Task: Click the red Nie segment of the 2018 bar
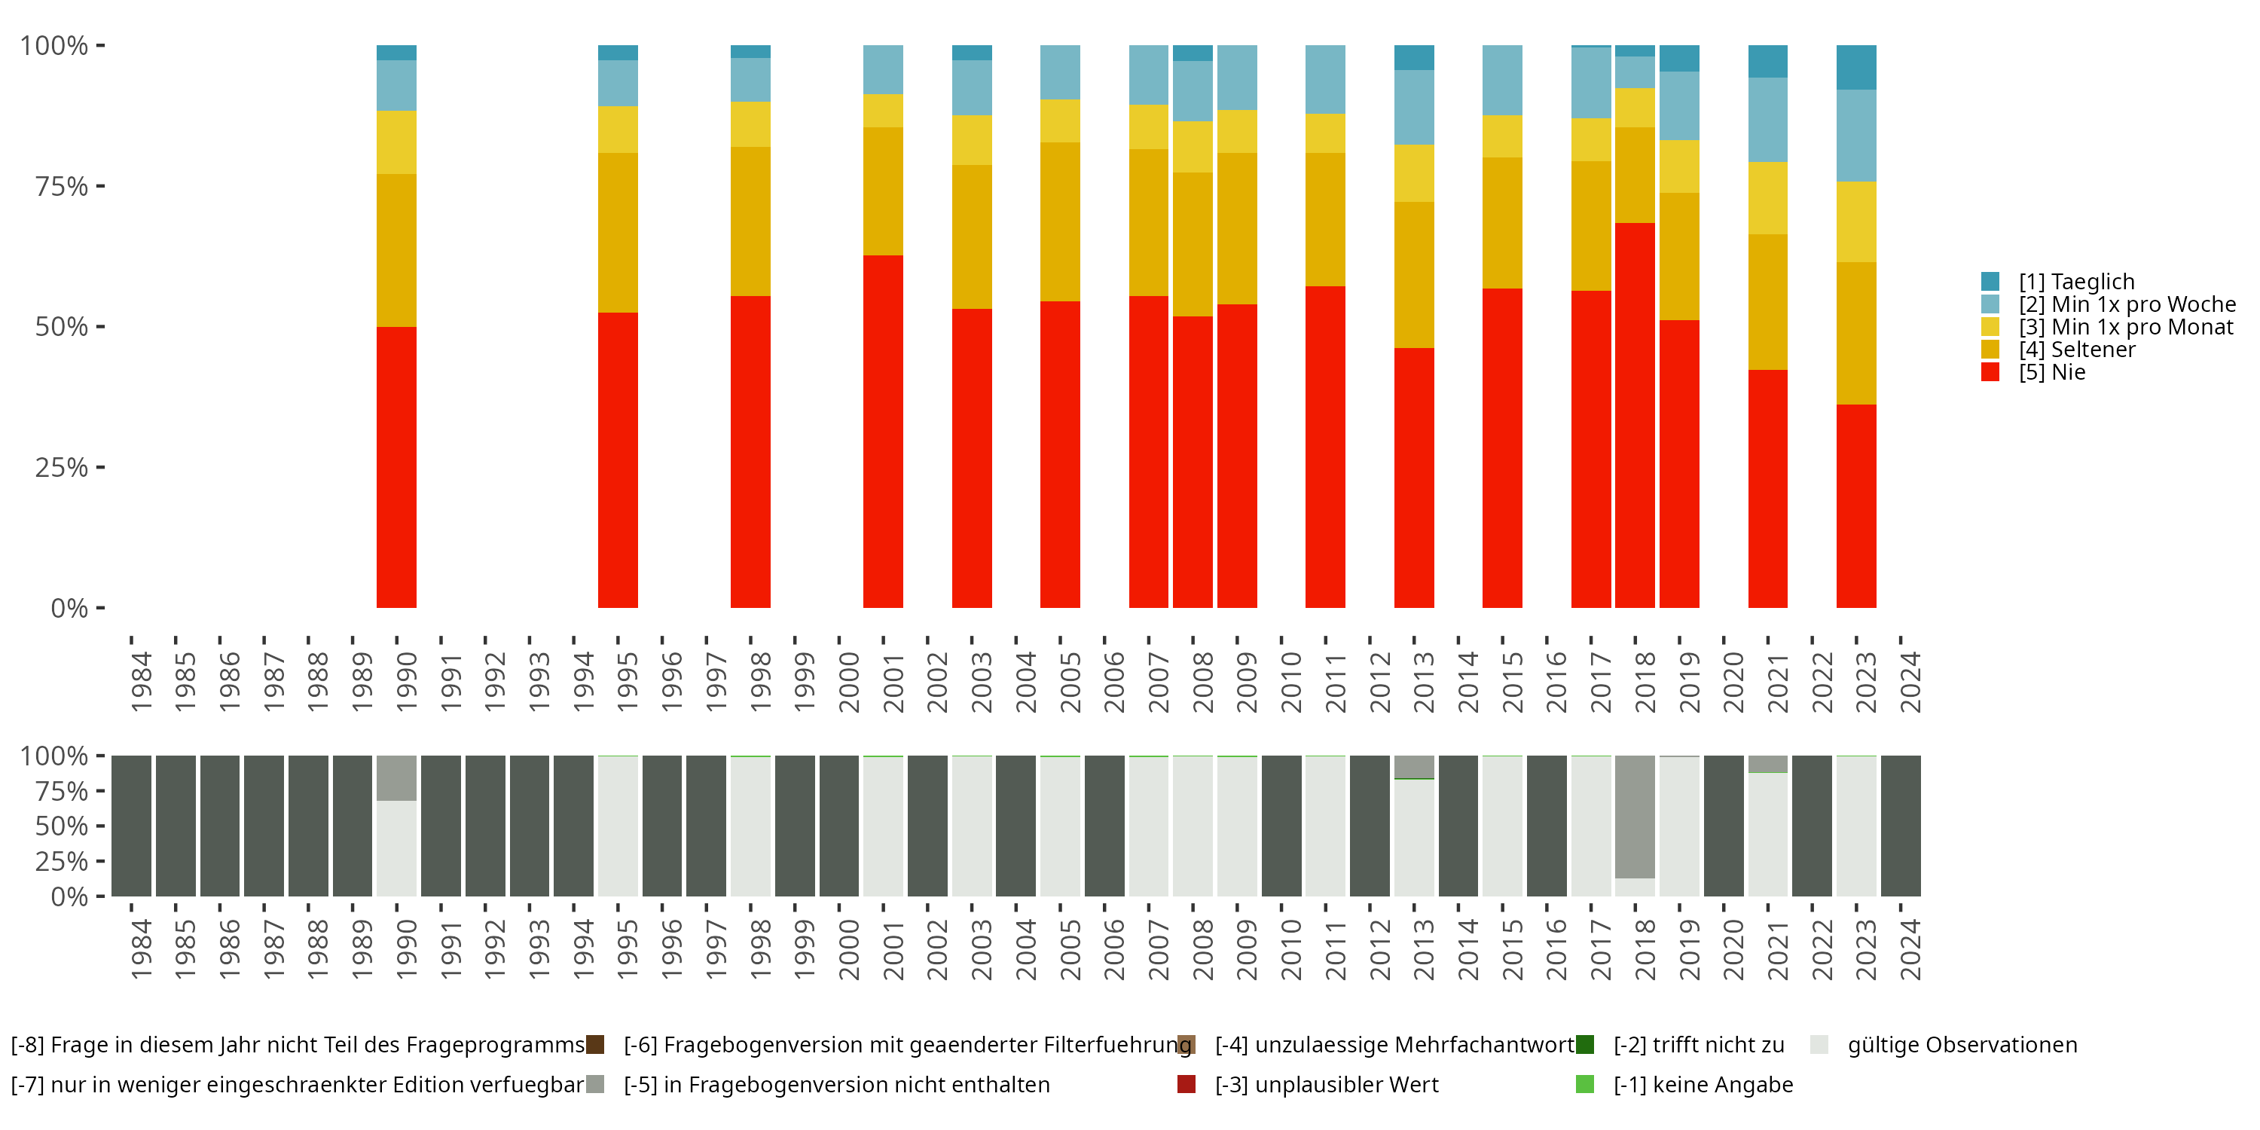point(1635,415)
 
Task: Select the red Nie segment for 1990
point(396,468)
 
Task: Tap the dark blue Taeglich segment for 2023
point(1856,68)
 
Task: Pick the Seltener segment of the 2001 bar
point(883,191)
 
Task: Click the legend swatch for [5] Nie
point(1990,372)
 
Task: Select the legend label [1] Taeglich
point(2077,282)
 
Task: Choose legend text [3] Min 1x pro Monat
point(2126,327)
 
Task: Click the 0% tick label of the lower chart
point(69,896)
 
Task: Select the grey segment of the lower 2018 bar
point(1635,817)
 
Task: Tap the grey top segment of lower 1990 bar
point(396,778)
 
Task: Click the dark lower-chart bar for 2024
point(1901,826)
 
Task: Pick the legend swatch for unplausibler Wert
point(1186,1084)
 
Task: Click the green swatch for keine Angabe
point(1584,1084)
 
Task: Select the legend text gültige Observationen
point(1962,1045)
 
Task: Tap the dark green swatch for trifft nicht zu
point(1584,1044)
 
